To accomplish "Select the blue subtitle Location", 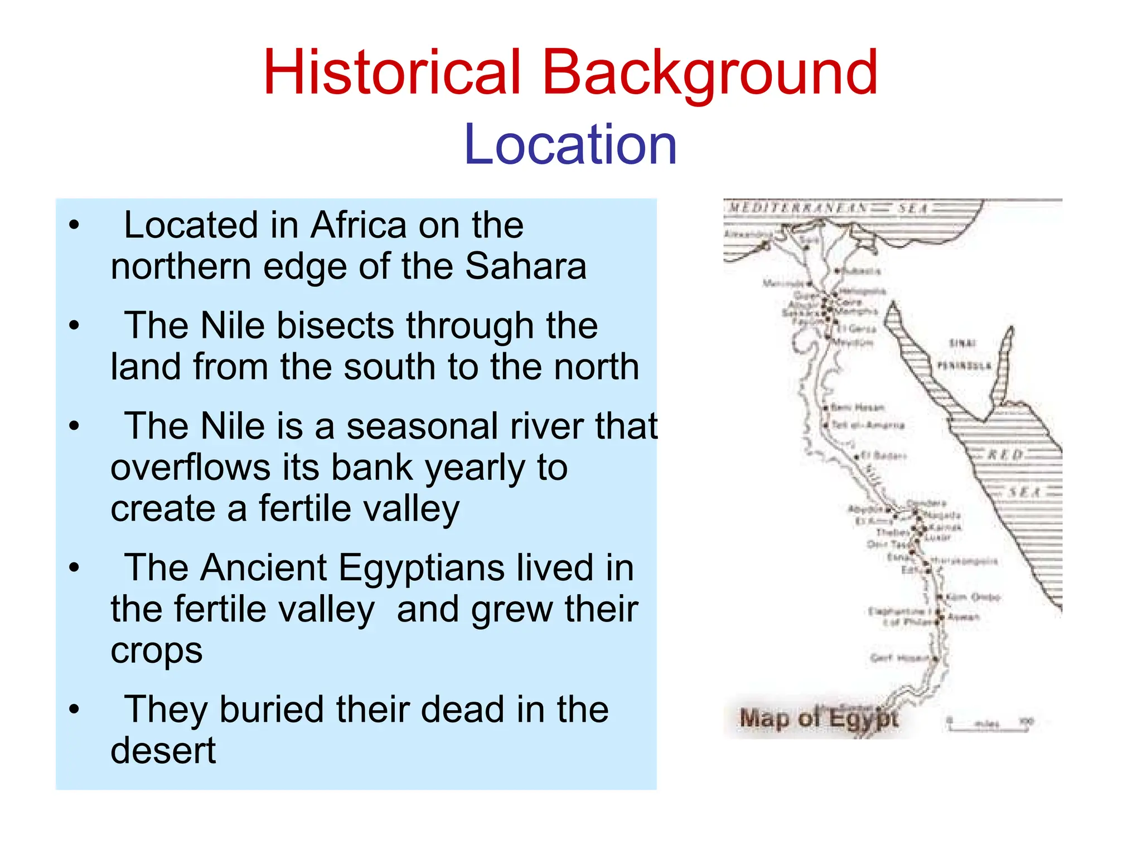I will [570, 145].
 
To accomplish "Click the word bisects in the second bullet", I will [335, 326].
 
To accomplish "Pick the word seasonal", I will [422, 426].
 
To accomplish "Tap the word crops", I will [157, 650].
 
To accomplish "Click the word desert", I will [163, 751].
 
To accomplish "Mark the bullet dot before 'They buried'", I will [74, 710].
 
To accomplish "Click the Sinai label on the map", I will [962, 343].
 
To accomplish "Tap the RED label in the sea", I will [1005, 455].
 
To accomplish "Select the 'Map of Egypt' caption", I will [818, 718].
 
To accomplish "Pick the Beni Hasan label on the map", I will [857, 407].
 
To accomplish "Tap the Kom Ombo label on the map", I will [973, 597].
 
